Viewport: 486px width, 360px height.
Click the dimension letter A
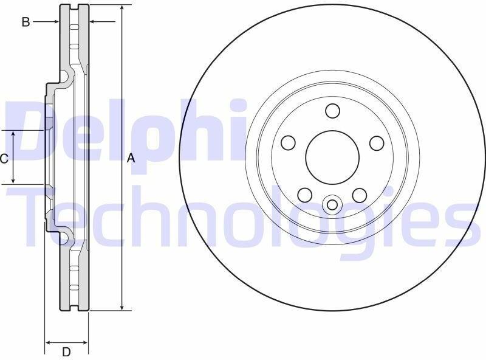click(x=131, y=158)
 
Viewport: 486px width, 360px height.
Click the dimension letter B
click(x=26, y=22)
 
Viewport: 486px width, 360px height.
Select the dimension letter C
click(x=4, y=159)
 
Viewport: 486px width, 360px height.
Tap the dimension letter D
click(x=66, y=352)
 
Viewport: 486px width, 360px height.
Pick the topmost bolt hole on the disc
click(x=332, y=111)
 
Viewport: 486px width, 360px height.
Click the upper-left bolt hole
click(x=288, y=142)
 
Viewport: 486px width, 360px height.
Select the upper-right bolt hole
click(x=377, y=143)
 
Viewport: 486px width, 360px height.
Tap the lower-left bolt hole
click(x=305, y=195)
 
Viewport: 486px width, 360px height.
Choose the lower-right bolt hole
click(x=360, y=195)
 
